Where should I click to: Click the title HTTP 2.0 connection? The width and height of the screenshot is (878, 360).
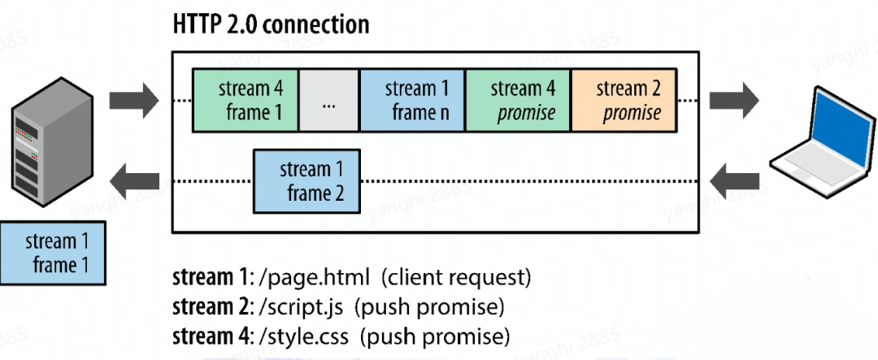272,24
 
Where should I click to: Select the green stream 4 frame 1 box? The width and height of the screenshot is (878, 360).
245,101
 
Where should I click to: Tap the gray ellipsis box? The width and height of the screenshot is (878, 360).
328,101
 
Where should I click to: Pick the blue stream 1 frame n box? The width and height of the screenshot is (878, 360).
412,101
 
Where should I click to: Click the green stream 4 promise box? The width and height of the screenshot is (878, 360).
518,101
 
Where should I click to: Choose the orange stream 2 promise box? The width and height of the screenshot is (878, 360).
623,101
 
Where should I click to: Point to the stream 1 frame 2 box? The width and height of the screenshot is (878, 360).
306,181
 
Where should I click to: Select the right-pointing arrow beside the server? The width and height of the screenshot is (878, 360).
135,100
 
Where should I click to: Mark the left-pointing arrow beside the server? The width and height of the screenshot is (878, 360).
135,180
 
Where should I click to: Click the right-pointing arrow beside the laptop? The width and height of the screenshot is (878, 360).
733,100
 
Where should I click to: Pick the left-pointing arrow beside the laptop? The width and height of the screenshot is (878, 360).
733,180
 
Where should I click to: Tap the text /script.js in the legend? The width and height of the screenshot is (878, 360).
303,307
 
